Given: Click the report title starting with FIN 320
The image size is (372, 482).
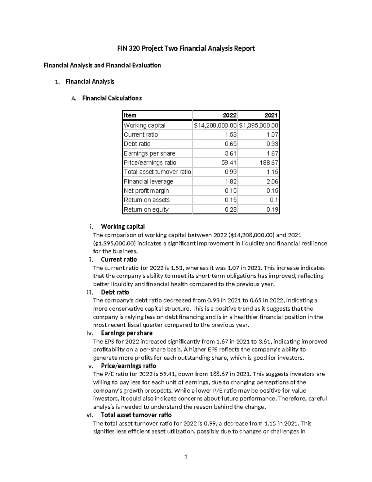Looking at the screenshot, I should [186, 48].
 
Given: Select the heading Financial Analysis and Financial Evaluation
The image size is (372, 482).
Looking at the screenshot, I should [102, 65].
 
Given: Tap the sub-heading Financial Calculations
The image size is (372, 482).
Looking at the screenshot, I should [112, 98].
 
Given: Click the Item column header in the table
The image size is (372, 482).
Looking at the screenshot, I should [130, 115].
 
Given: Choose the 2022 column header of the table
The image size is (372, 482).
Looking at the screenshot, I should [230, 115].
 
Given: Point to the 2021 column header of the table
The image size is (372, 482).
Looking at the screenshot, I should [271, 115].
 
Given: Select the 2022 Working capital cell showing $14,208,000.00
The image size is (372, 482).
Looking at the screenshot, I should [215, 125].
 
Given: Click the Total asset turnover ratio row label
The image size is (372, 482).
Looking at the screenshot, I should [157, 172].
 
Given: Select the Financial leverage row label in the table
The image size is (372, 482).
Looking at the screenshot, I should [148, 182].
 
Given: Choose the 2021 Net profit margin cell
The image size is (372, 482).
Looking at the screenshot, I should [272, 191].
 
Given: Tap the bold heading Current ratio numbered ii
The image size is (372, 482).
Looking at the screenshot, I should [119, 259].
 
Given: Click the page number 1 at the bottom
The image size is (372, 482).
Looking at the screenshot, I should [186, 456].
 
